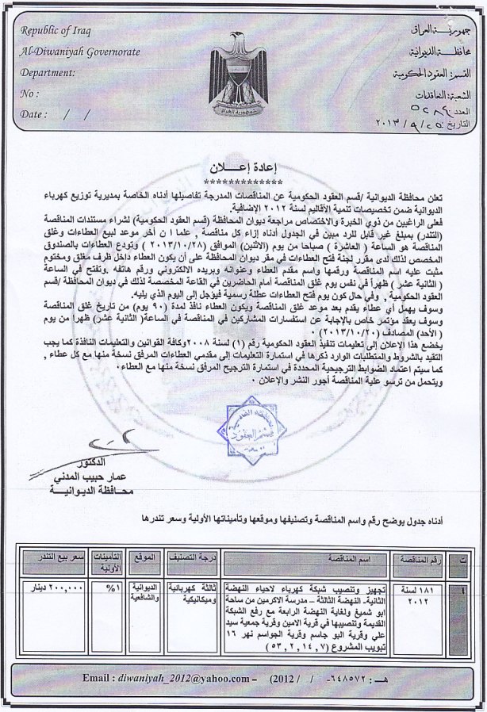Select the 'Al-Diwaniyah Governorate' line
(x=80, y=52)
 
